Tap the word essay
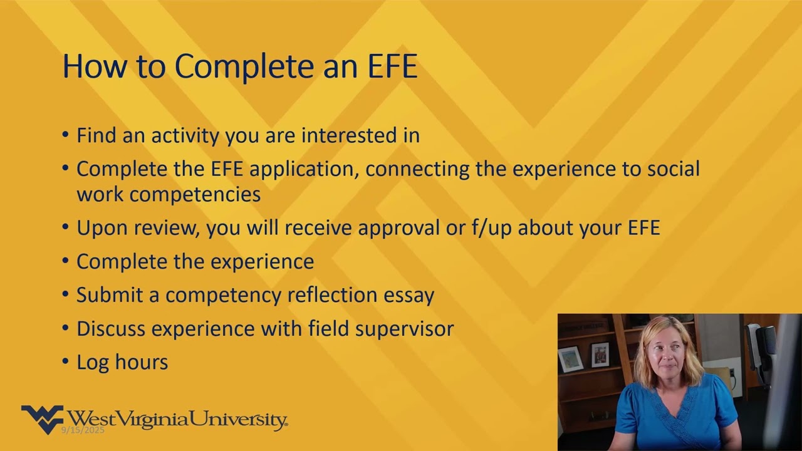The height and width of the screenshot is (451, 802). pyautogui.click(x=410, y=294)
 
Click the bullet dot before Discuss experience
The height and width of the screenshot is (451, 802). pyautogui.click(x=66, y=328)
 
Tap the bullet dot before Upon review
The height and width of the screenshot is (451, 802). pyautogui.click(x=66, y=227)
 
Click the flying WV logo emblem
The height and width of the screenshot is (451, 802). pyautogui.click(x=42, y=418)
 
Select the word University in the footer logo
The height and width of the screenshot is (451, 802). pyautogui.click(x=238, y=419)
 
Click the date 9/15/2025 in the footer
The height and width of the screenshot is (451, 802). pyautogui.click(x=83, y=430)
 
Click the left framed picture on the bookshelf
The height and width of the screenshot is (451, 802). pyautogui.click(x=570, y=359)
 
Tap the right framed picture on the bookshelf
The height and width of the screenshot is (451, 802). pyautogui.click(x=600, y=355)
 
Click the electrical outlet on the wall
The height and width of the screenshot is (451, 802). pyautogui.click(x=732, y=374)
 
